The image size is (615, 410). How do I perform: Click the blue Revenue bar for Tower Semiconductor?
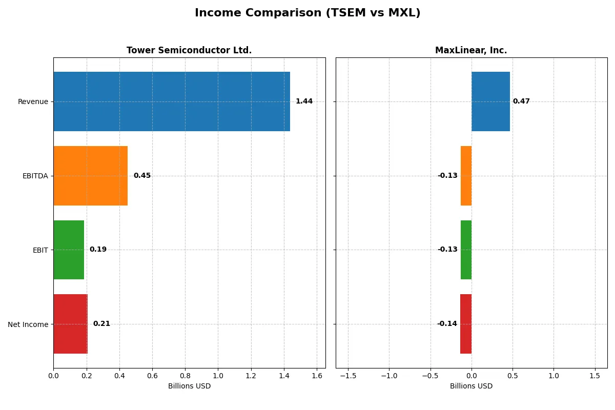pyautogui.click(x=172, y=101)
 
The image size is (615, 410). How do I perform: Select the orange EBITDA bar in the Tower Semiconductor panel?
pyautogui.click(x=90, y=176)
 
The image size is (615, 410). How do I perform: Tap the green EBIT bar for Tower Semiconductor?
pyautogui.click(x=69, y=250)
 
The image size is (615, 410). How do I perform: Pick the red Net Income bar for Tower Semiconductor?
pyautogui.click(x=70, y=324)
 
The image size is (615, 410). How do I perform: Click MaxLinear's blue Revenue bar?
pyautogui.click(x=490, y=101)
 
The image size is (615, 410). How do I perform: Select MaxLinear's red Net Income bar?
pyautogui.click(x=466, y=324)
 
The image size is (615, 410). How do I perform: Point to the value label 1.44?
pyautogui.click(x=304, y=101)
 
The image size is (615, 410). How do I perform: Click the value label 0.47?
pyautogui.click(x=521, y=101)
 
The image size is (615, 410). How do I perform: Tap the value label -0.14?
pyautogui.click(x=447, y=324)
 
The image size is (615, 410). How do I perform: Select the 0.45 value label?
pyautogui.click(x=142, y=176)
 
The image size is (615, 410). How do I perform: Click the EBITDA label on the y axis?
pyautogui.click(x=35, y=176)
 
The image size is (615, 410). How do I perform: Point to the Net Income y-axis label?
pyautogui.click(x=28, y=324)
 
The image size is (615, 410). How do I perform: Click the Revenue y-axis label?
pyautogui.click(x=33, y=101)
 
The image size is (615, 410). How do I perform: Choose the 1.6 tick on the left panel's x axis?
pyautogui.click(x=317, y=376)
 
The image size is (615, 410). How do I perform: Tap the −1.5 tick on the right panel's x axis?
pyautogui.click(x=347, y=376)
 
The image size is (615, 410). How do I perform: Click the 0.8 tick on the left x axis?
pyautogui.click(x=185, y=376)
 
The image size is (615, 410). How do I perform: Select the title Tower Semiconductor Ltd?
pyautogui.click(x=189, y=50)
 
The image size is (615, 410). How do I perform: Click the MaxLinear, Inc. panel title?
pyautogui.click(x=471, y=50)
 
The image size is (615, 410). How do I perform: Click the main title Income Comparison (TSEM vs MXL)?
pyautogui.click(x=307, y=13)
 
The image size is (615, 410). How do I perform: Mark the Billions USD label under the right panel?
pyautogui.click(x=471, y=386)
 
